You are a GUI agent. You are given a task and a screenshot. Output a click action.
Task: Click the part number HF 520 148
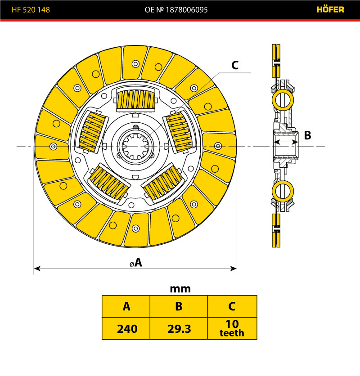pos(31,10)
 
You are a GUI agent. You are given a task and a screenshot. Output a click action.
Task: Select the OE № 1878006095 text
pos(176,10)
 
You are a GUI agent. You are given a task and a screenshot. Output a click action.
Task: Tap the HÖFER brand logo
pos(330,9)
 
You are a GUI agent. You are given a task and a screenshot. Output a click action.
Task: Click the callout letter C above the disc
pos(235,65)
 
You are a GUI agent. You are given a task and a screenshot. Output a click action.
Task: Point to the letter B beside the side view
pos(307,135)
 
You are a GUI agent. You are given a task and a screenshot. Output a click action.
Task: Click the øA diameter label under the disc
pos(136,262)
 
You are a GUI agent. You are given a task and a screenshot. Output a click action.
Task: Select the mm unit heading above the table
pos(180,289)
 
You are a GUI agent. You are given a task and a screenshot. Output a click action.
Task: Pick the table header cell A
pos(126,306)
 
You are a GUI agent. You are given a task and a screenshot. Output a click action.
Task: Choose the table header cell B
pos(179,306)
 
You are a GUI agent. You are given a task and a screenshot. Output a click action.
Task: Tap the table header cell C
pos(232,306)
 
